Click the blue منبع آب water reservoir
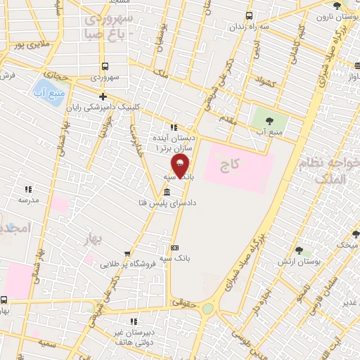(49, 90)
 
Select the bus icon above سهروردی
(103, 66)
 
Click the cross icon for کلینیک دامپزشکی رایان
(103, 96)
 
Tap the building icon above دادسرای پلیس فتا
(166, 193)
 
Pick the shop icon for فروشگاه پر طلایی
(126, 254)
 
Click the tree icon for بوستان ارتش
(299, 251)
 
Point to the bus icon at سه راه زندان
(248, 17)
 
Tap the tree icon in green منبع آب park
(265, 117)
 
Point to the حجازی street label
(57, 74)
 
